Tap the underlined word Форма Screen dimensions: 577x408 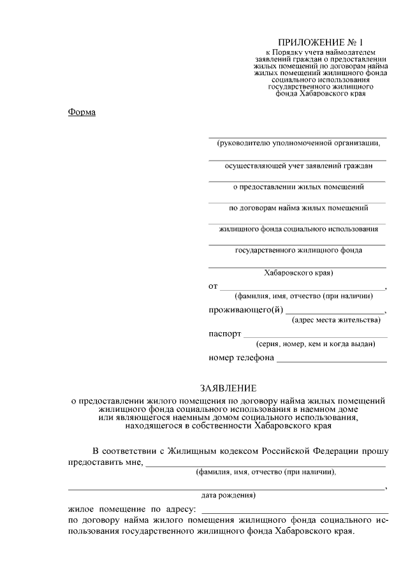tap(81, 112)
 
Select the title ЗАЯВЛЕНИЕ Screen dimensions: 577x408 tap(228, 388)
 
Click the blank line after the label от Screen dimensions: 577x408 tap(302, 288)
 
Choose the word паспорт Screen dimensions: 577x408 tap(224, 333)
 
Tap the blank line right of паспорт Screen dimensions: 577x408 tap(316, 336)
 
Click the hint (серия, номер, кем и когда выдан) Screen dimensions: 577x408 tap(310, 344)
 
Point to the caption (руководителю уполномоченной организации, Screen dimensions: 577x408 tap(298, 143)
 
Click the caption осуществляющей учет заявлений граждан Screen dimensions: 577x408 tap(298, 166)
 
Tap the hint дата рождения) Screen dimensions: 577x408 tap(228, 495)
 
